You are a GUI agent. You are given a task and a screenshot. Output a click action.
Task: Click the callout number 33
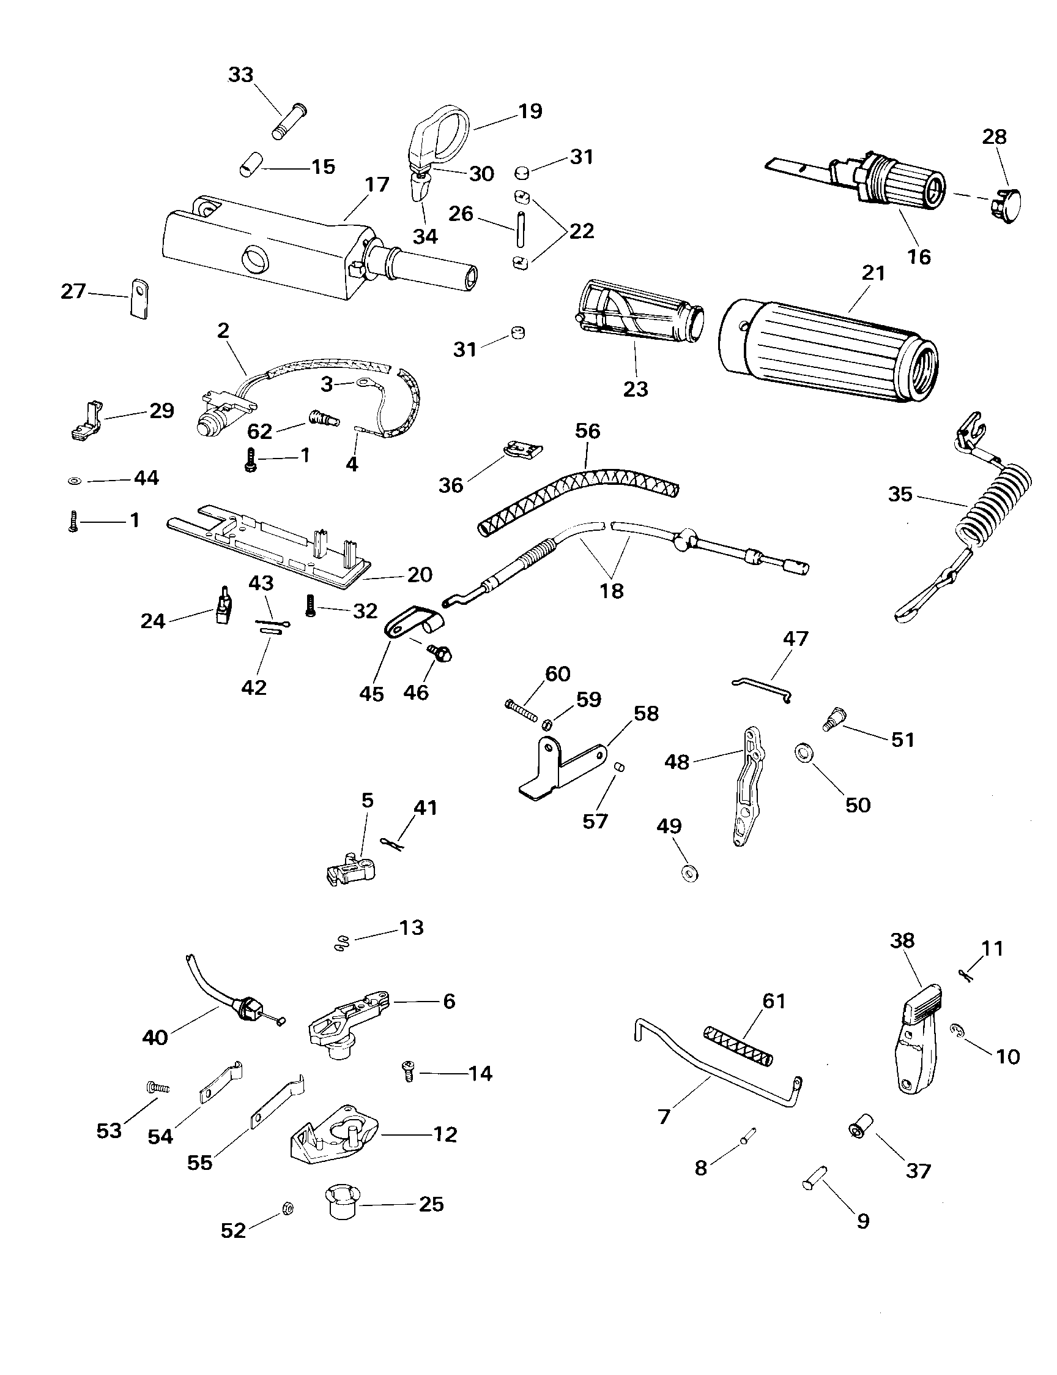(x=240, y=75)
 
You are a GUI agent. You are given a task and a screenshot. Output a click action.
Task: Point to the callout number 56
(x=588, y=431)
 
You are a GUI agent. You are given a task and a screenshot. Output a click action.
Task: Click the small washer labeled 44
(x=73, y=482)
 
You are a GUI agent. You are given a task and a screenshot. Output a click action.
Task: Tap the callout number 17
(x=377, y=185)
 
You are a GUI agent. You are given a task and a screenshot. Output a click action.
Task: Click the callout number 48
(x=677, y=762)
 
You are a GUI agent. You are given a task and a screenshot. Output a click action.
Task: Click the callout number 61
(x=774, y=1001)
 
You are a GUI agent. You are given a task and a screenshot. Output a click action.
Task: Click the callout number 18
(x=612, y=591)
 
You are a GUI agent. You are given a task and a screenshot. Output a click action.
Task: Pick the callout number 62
(x=259, y=431)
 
